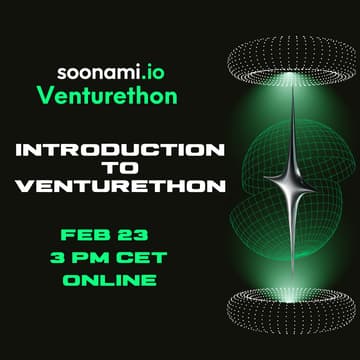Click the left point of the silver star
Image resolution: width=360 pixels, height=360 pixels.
point(264,183)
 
